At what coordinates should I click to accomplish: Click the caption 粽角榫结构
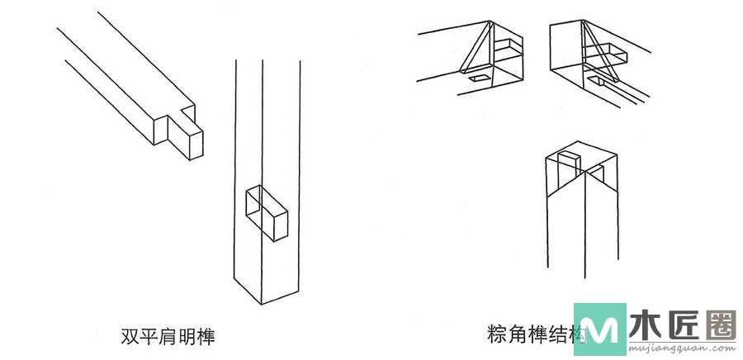point(537,334)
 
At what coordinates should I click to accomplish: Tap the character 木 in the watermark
point(645,324)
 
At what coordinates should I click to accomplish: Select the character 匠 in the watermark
point(684,324)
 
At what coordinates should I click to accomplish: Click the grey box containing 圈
point(722,324)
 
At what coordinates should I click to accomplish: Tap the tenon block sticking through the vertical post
point(269,214)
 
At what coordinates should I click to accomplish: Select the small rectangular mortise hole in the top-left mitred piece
point(479,79)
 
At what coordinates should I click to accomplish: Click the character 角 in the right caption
point(517,334)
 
